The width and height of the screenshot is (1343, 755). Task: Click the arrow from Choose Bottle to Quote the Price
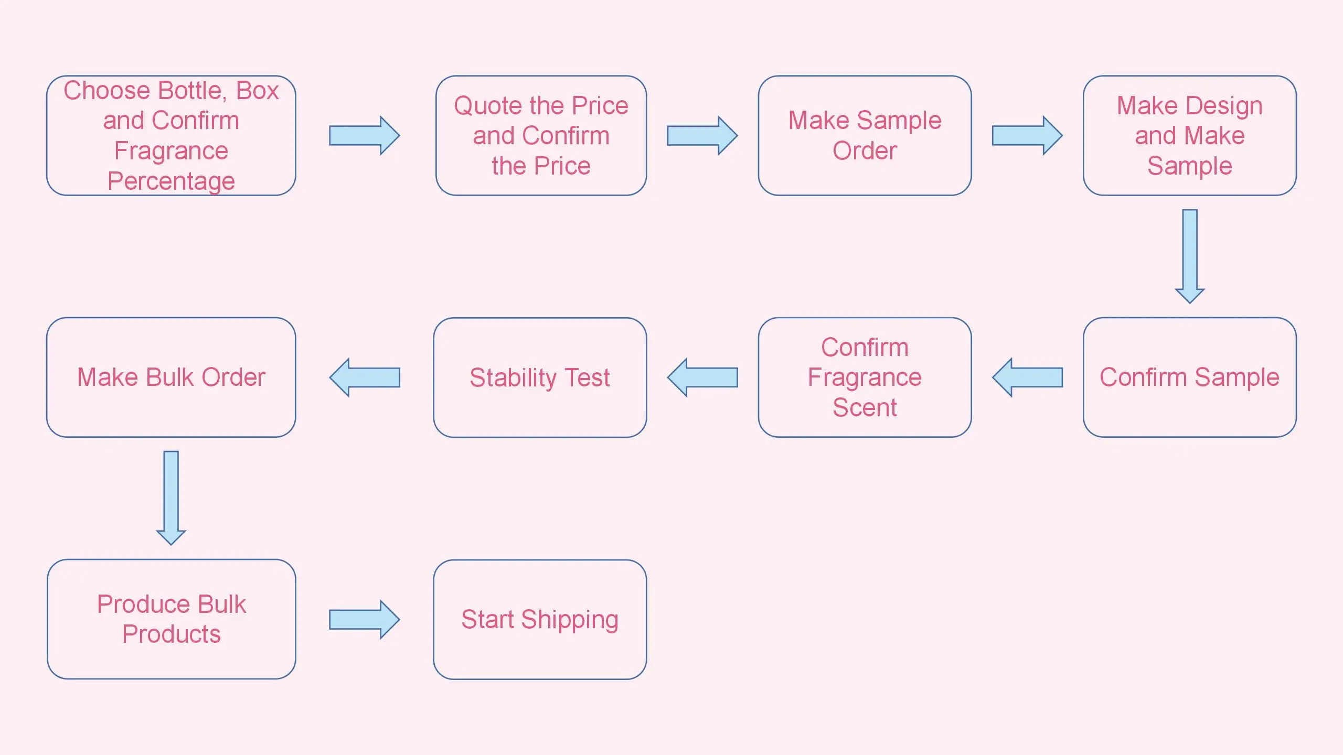pyautogui.click(x=364, y=136)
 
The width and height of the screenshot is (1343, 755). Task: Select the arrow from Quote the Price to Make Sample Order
pyautogui.click(x=702, y=136)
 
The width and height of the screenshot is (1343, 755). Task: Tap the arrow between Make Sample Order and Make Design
pyautogui.click(x=1027, y=136)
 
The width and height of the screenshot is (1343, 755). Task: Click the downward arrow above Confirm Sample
pyautogui.click(x=1189, y=256)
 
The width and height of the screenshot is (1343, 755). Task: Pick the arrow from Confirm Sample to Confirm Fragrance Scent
pyautogui.click(x=1027, y=377)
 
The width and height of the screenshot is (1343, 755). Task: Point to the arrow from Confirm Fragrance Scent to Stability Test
pyautogui.click(x=702, y=377)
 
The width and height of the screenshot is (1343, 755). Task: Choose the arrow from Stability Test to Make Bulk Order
pyautogui.click(x=364, y=377)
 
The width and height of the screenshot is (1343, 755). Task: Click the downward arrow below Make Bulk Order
pyautogui.click(x=171, y=498)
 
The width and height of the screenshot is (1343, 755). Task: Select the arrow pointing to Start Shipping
pyautogui.click(x=364, y=620)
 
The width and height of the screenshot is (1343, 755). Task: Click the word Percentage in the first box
pyautogui.click(x=171, y=181)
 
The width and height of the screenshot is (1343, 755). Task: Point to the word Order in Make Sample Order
pyautogui.click(x=865, y=151)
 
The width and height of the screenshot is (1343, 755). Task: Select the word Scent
pyautogui.click(x=865, y=408)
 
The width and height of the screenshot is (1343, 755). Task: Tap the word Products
pyautogui.click(x=171, y=634)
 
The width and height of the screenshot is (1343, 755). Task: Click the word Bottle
pyautogui.click(x=193, y=91)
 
